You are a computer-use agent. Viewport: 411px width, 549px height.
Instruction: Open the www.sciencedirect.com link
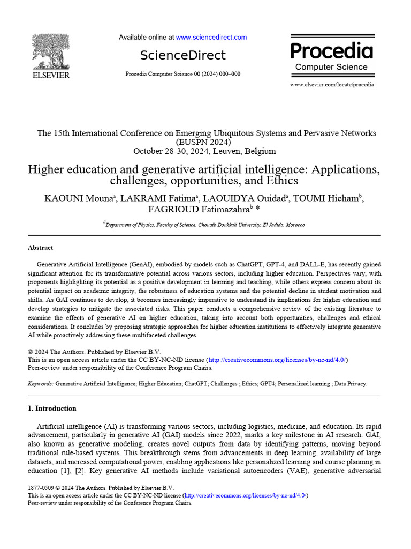211,38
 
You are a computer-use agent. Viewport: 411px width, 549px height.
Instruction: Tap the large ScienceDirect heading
183,55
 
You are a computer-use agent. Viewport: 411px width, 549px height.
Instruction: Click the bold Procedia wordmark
331,51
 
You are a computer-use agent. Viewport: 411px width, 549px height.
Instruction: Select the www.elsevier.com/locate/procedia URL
332,85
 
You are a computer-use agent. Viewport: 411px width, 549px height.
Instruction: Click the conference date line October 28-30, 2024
204,151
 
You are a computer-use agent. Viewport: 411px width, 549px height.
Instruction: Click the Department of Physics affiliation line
205,225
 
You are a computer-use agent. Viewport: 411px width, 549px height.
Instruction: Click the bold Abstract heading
40,248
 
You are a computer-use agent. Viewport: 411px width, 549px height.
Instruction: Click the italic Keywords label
40,384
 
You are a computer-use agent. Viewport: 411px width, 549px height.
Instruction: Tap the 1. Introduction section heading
52,409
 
